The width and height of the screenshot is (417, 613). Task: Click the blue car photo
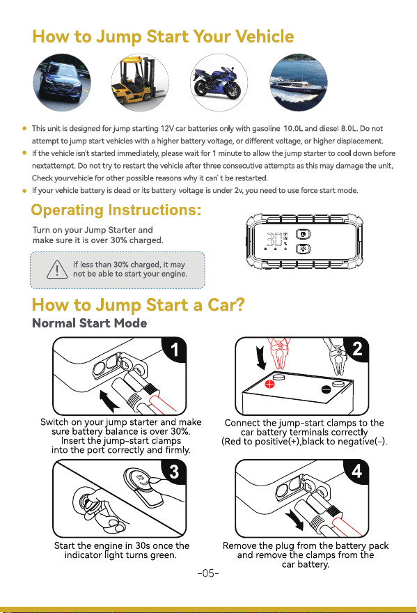click(x=62, y=82)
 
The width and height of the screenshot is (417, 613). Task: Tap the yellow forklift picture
click(x=140, y=82)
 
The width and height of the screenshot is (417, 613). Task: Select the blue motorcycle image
click(x=219, y=82)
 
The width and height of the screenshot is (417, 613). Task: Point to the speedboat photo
click(x=299, y=82)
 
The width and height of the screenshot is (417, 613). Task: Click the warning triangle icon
click(x=57, y=270)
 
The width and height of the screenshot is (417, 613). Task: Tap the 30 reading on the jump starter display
click(x=274, y=239)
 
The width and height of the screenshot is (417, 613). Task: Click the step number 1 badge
click(x=174, y=349)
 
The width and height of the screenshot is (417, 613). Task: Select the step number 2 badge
click(x=357, y=348)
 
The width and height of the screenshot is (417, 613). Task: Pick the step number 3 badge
click(x=174, y=472)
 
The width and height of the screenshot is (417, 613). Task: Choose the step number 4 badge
click(x=357, y=472)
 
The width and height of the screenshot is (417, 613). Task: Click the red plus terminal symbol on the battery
click(x=269, y=384)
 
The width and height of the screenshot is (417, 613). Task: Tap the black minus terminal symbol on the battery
click(x=326, y=389)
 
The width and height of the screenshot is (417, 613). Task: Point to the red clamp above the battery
click(x=279, y=354)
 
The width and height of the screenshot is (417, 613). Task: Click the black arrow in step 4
click(x=294, y=520)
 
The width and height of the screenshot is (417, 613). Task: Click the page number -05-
click(x=208, y=573)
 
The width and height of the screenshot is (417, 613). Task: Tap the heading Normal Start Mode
click(x=90, y=323)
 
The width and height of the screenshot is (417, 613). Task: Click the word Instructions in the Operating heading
click(x=155, y=210)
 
